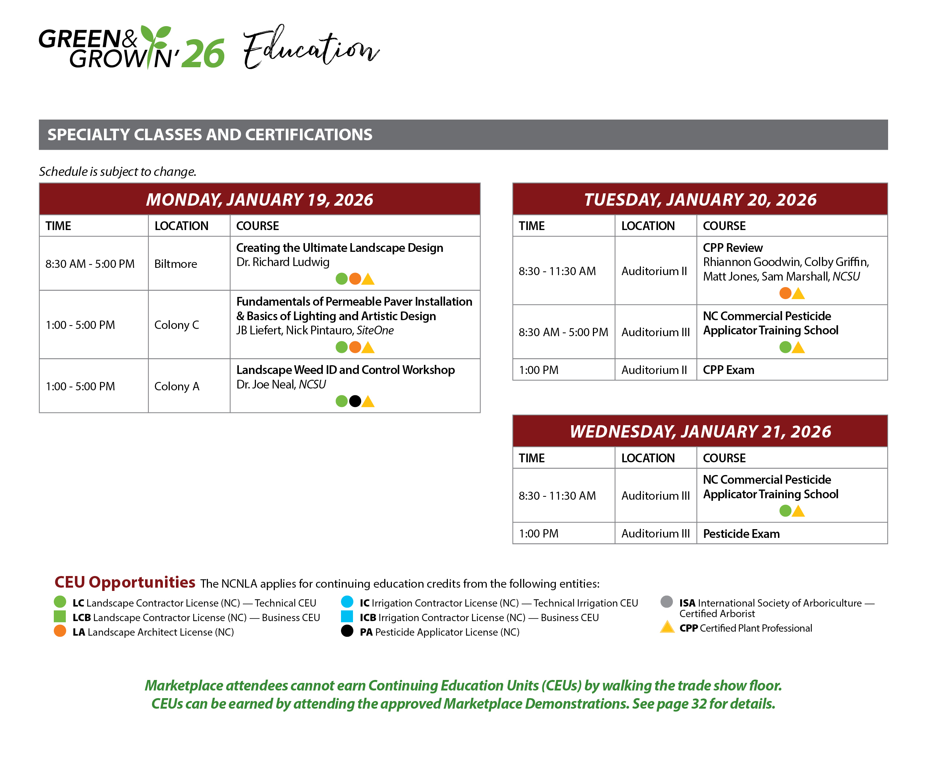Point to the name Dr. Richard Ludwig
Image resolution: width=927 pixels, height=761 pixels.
tap(283, 262)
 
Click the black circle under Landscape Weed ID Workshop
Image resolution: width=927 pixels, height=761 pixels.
tap(355, 401)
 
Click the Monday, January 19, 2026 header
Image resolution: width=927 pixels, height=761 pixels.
tap(260, 200)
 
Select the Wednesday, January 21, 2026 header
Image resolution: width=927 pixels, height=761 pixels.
tap(700, 431)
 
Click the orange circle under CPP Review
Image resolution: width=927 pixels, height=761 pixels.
tap(785, 293)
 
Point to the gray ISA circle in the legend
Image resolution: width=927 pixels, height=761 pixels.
tap(666, 601)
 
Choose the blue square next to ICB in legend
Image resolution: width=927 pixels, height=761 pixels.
tap(347, 616)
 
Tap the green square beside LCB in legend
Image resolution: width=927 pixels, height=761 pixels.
tap(60, 616)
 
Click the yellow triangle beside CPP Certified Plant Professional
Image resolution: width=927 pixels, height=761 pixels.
tap(667, 627)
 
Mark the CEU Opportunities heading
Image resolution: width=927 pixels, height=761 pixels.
tap(125, 582)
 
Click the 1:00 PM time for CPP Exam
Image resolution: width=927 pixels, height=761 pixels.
tap(538, 370)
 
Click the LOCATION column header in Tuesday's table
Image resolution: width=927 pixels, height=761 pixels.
tap(648, 226)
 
